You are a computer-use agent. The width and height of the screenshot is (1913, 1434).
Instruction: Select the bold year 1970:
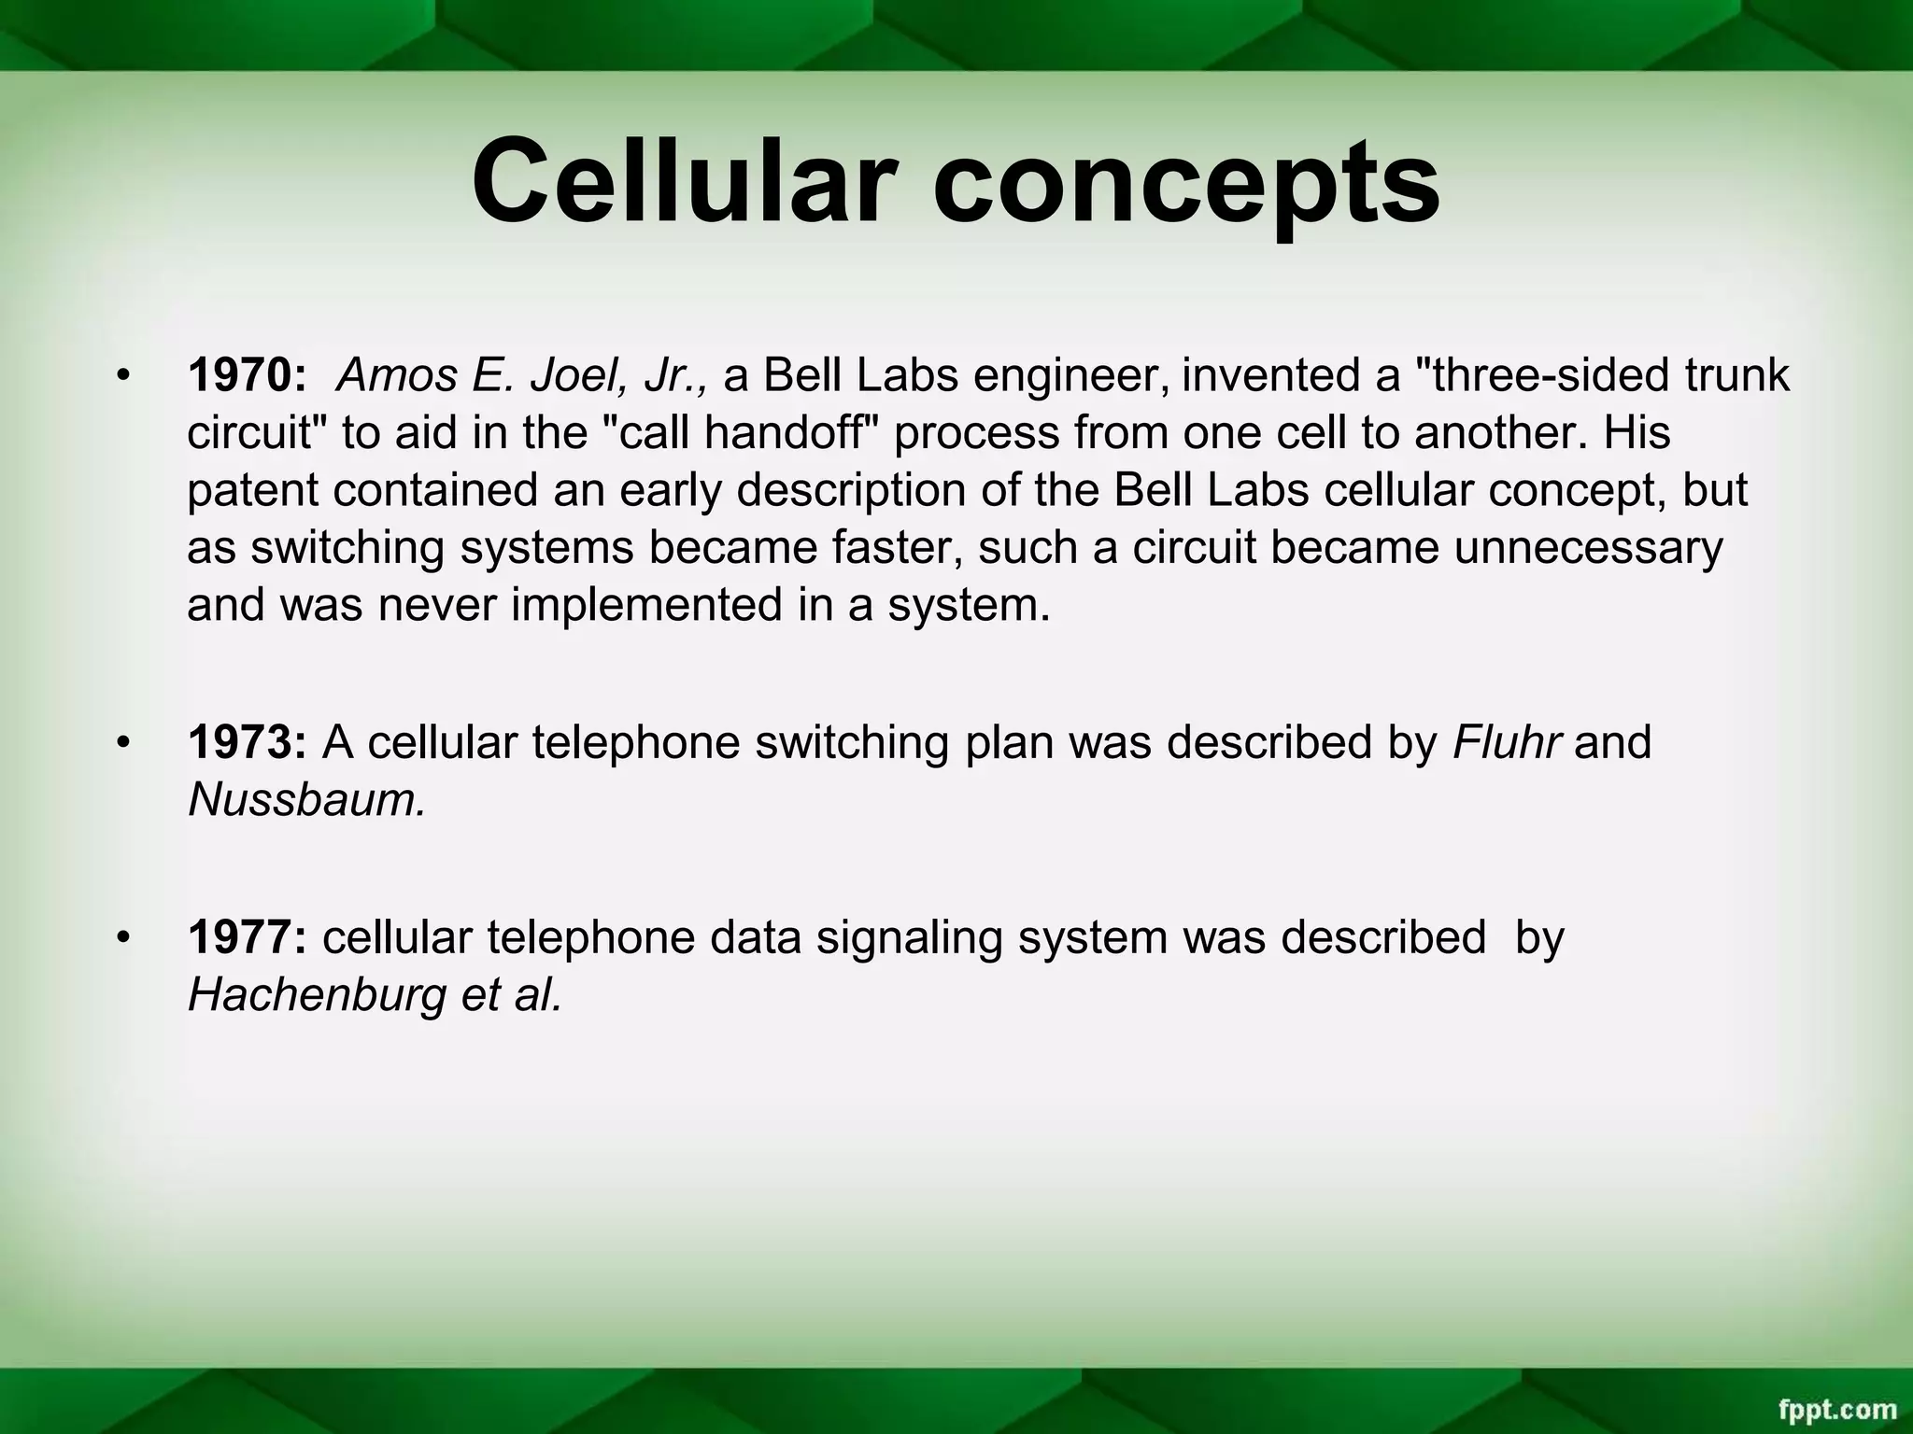pos(248,375)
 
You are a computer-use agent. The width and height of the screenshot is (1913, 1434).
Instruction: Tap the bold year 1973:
pos(248,742)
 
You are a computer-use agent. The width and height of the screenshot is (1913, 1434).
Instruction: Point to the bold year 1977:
pos(248,936)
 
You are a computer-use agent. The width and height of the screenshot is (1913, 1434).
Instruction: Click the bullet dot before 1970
pos(121,377)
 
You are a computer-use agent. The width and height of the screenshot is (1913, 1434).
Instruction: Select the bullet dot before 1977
pos(121,938)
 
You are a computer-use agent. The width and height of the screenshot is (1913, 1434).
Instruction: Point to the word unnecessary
pos(1588,548)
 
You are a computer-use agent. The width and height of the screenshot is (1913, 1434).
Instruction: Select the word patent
pos(251,491)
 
